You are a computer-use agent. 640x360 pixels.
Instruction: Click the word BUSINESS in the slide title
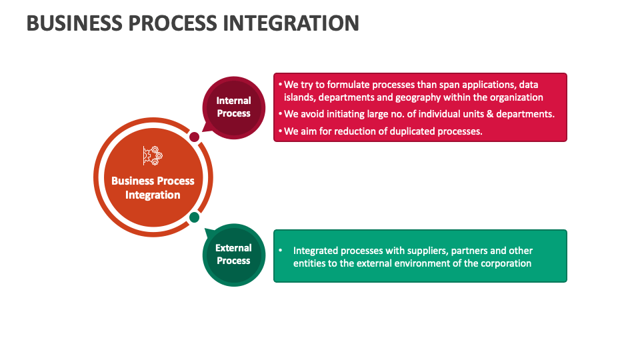pyautogui.click(x=74, y=23)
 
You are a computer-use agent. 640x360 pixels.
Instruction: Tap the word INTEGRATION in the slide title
pyautogui.click(x=291, y=23)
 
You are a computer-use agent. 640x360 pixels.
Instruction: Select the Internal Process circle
pyautogui.click(x=234, y=108)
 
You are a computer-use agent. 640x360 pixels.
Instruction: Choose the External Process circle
pyautogui.click(x=234, y=255)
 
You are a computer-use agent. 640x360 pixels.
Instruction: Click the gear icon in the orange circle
pyautogui.click(x=153, y=155)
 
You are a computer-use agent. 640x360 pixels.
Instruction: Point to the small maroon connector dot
pyautogui.click(x=194, y=137)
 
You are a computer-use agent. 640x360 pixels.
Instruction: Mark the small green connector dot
pyautogui.click(x=194, y=217)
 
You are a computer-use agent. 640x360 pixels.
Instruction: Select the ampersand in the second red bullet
pyautogui.click(x=490, y=114)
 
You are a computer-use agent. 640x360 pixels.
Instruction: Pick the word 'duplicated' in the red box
pyautogui.click(x=412, y=131)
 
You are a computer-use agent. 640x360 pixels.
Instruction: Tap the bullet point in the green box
pyautogui.click(x=281, y=250)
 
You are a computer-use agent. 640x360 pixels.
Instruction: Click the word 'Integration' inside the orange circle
pyautogui.click(x=153, y=195)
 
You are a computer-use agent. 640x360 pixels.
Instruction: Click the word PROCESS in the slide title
pyautogui.click(x=173, y=23)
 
